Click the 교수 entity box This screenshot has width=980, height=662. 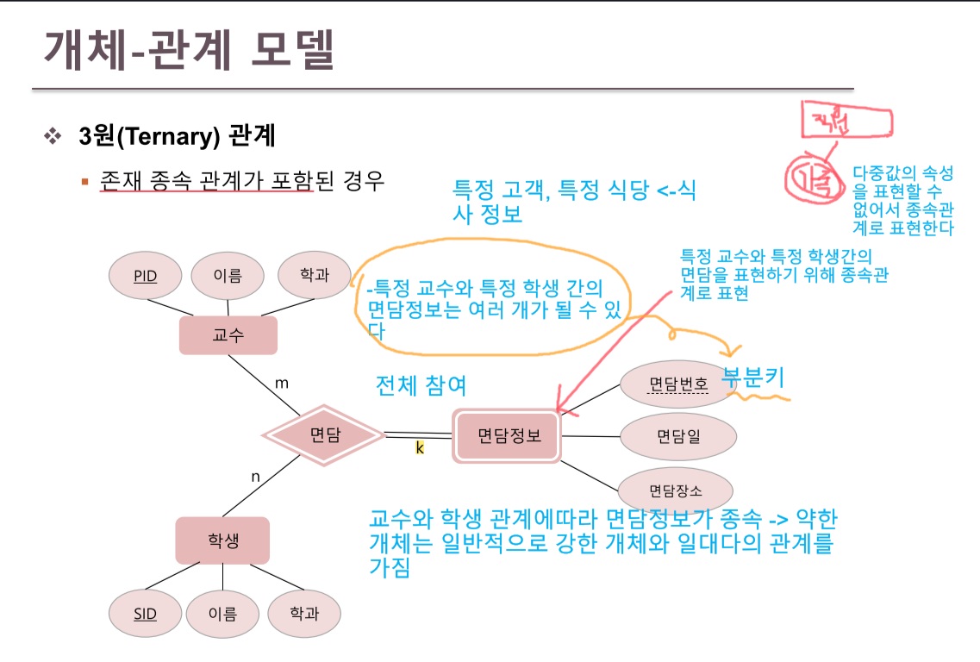tap(228, 334)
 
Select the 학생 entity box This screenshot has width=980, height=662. tap(222, 540)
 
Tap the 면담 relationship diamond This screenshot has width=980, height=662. tap(324, 436)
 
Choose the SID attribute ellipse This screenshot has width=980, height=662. tap(144, 614)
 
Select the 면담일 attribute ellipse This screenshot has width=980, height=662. tap(678, 436)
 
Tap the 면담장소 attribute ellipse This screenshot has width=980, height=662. tap(675, 492)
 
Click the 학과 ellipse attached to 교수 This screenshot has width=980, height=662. tap(314, 275)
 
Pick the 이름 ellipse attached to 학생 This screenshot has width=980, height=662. tap(222, 614)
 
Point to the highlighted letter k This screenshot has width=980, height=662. tap(420, 448)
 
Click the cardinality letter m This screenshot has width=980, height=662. tap(281, 382)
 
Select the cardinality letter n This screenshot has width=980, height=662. tap(255, 476)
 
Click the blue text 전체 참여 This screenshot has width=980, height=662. tap(421, 385)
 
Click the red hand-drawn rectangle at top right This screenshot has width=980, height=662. tap(843, 121)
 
